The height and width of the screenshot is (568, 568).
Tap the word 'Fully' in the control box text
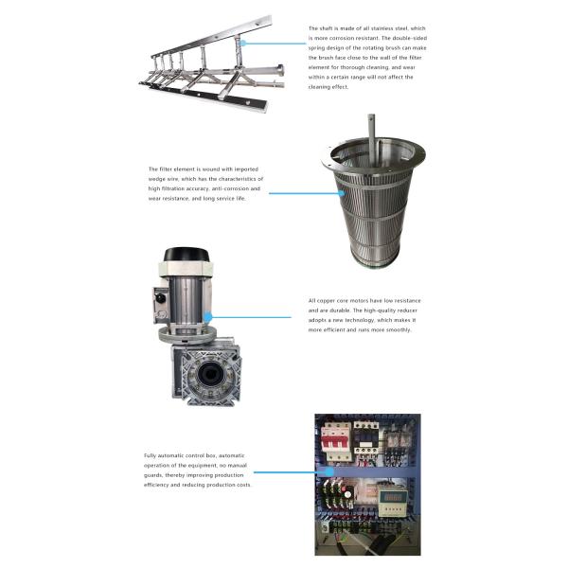point(152,455)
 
